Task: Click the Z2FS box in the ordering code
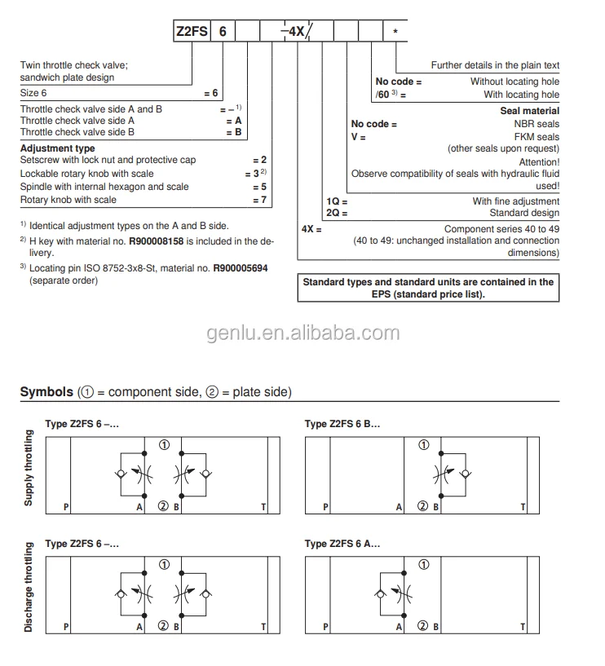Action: [x=192, y=32]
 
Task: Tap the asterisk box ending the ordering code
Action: [x=395, y=32]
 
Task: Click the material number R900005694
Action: [x=241, y=268]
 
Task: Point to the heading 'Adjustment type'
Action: [x=57, y=148]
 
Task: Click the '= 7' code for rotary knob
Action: [x=259, y=200]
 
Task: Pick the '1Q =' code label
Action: [x=337, y=201]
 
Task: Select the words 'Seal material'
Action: [x=529, y=110]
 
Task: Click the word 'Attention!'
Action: [x=537, y=162]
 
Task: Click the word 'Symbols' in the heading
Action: [x=46, y=393]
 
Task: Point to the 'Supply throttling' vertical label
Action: [x=29, y=468]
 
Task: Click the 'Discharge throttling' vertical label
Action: [x=29, y=589]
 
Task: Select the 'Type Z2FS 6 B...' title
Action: [x=342, y=424]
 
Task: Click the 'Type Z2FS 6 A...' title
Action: [x=342, y=544]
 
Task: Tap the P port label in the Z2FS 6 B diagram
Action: [x=325, y=507]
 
